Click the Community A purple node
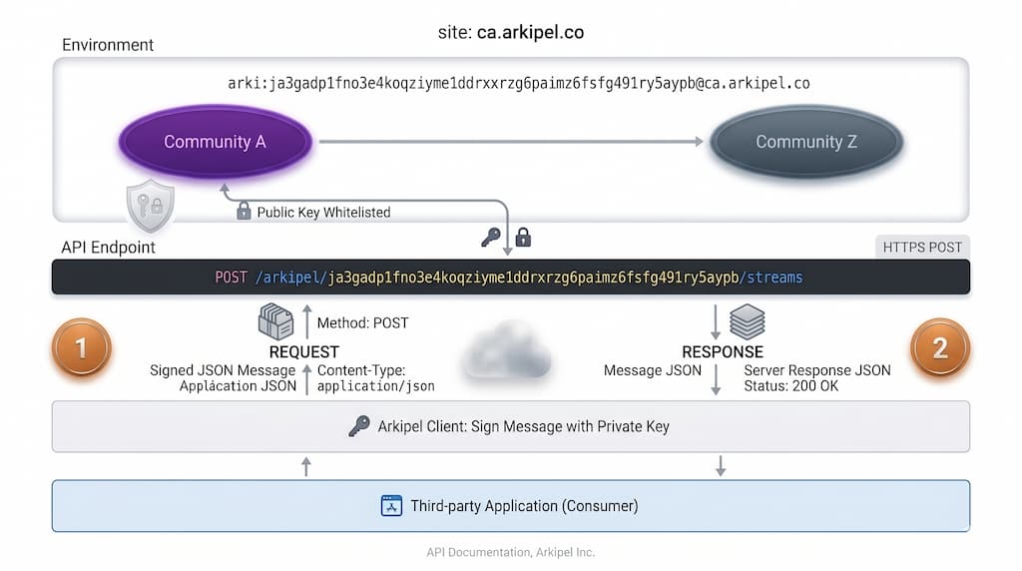click(x=215, y=142)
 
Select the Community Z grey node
click(x=806, y=142)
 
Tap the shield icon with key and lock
click(x=150, y=207)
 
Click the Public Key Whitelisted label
click(x=323, y=212)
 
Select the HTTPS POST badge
click(x=922, y=247)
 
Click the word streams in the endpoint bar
click(x=774, y=277)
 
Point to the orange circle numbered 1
click(x=81, y=347)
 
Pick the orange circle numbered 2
click(x=940, y=347)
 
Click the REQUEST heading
click(x=304, y=351)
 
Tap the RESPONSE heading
click(x=723, y=351)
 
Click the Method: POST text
click(x=362, y=322)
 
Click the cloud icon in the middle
click(x=509, y=351)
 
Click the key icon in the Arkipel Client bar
click(x=358, y=426)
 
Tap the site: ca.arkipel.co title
click(x=511, y=32)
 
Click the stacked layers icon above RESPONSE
click(x=747, y=320)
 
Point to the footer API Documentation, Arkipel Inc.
click(x=511, y=552)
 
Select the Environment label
click(x=108, y=45)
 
